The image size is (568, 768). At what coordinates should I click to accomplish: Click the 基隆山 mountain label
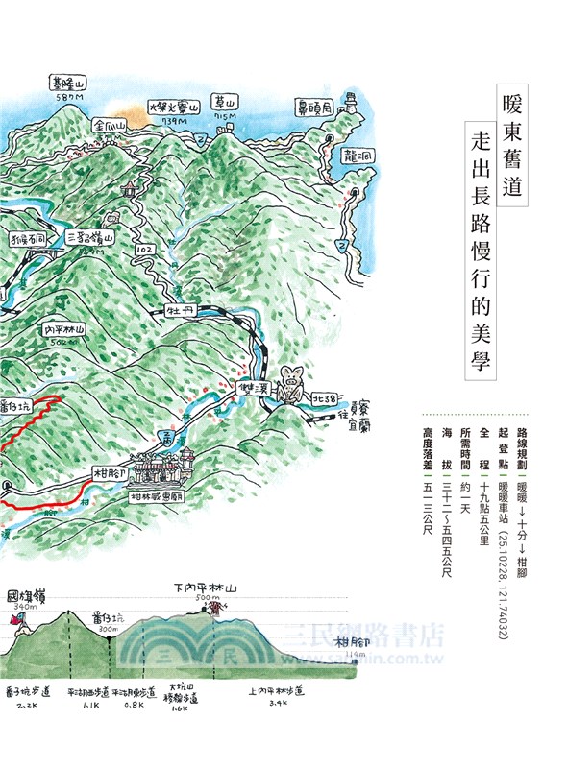(x=69, y=84)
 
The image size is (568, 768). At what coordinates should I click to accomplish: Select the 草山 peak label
(x=226, y=103)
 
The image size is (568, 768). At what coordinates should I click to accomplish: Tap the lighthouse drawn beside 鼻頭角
(x=350, y=99)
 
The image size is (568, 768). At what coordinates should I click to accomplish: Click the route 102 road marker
(x=145, y=250)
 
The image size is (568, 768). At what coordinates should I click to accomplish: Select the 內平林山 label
(x=65, y=328)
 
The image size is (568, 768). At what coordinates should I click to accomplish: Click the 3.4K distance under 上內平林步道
(x=278, y=704)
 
